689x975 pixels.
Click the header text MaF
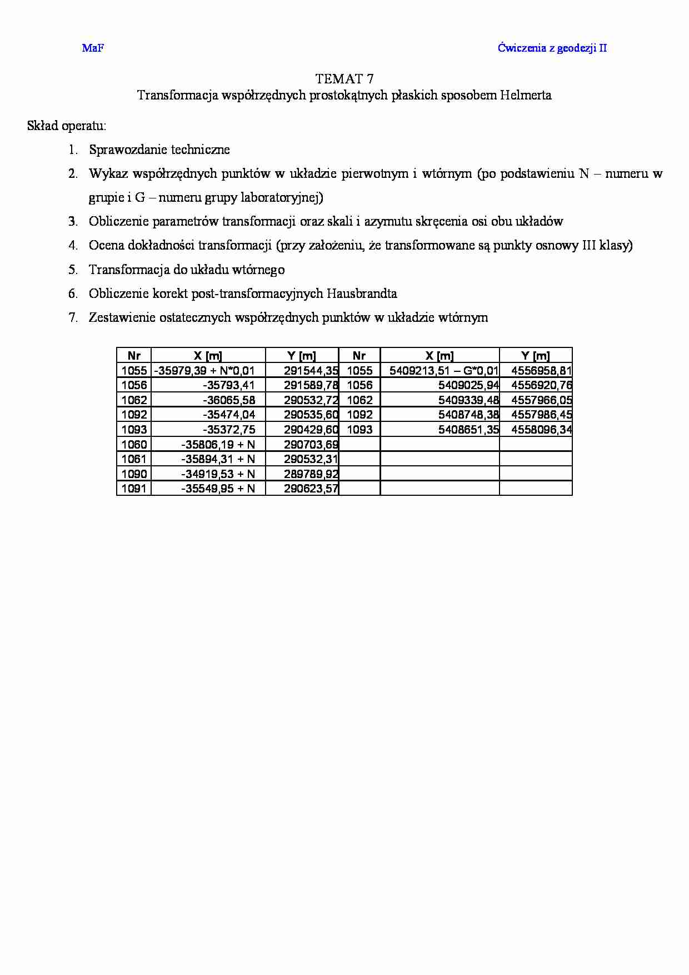click(x=93, y=48)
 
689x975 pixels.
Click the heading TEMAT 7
click(x=344, y=78)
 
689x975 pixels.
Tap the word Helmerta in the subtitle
click(x=525, y=95)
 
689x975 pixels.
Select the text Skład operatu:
click(x=67, y=126)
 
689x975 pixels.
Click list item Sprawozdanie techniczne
click(x=159, y=150)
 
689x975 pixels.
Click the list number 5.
click(x=73, y=270)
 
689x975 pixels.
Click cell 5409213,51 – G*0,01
click(x=443, y=371)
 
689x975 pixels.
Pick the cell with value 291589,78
click(x=311, y=385)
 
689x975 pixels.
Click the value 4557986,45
click(x=541, y=415)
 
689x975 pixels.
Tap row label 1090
click(x=134, y=474)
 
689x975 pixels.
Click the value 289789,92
click(x=311, y=474)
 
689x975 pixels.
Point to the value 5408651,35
click(x=468, y=429)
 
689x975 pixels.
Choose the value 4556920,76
click(x=541, y=385)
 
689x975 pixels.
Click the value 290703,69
click(x=311, y=444)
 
